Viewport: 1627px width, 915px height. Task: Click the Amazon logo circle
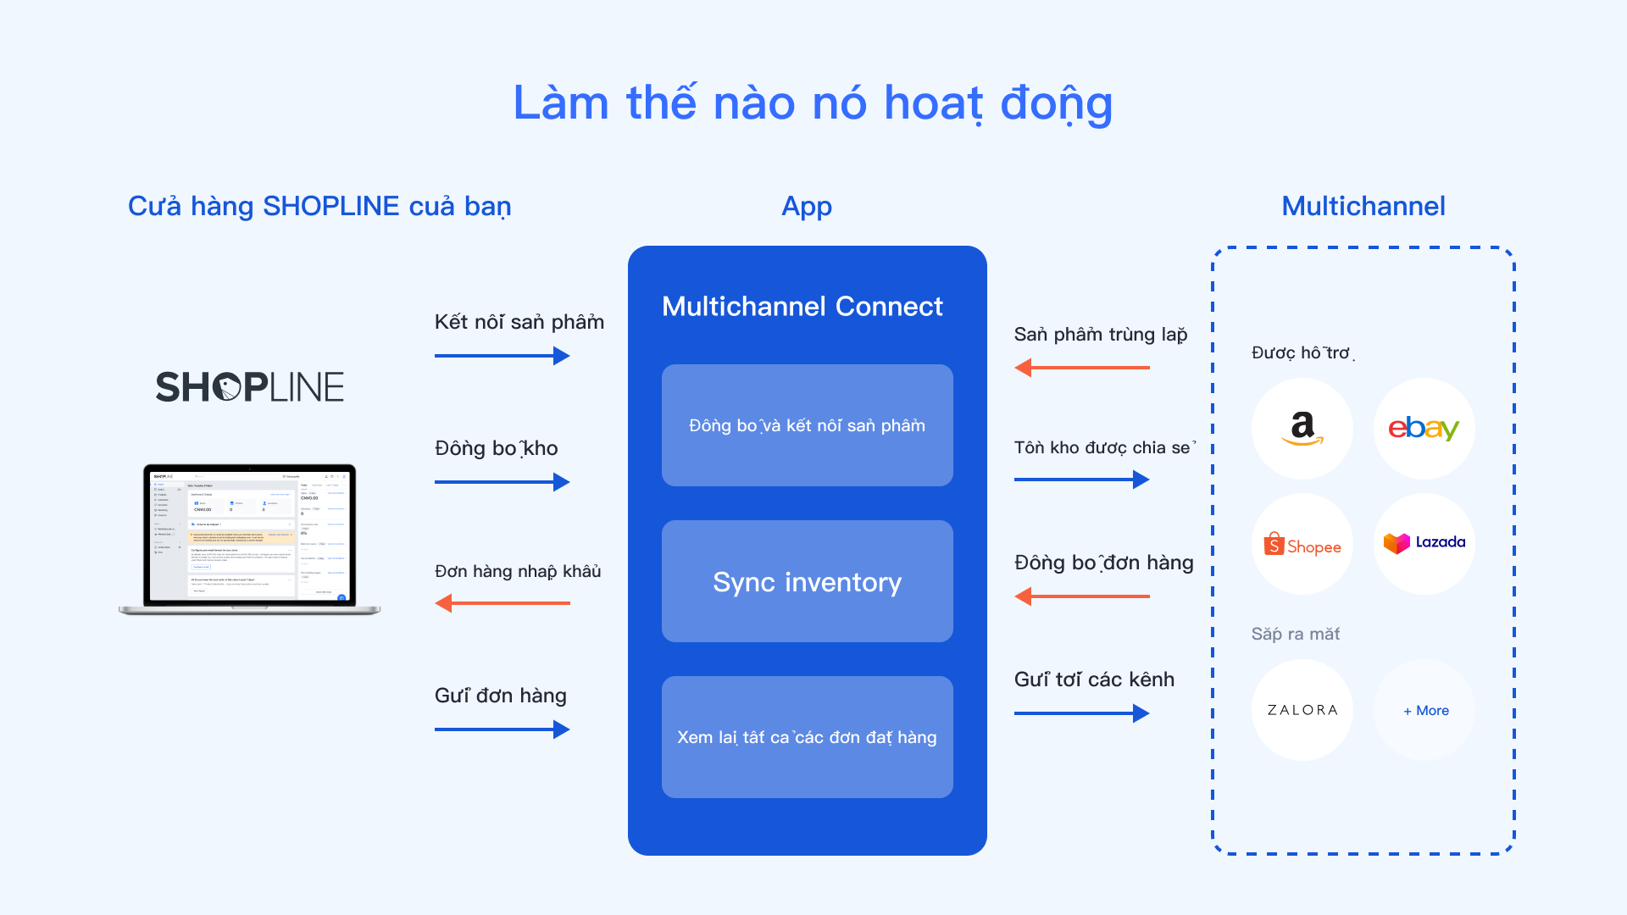point(1302,429)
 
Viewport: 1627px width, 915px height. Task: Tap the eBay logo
point(1424,429)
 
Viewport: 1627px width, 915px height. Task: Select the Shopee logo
point(1302,545)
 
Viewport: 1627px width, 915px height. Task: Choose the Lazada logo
point(1424,543)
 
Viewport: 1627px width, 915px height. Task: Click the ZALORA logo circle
point(1302,710)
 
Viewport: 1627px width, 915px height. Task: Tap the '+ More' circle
point(1425,710)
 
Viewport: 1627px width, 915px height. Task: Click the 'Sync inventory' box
point(807,581)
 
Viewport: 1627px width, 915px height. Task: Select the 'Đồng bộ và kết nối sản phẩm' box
point(807,425)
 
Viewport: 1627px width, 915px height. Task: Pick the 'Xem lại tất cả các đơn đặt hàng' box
point(807,737)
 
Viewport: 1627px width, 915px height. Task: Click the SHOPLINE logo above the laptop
point(250,386)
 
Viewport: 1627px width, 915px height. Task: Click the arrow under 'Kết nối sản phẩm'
point(502,356)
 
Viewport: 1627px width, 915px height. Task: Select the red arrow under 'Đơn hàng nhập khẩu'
point(502,603)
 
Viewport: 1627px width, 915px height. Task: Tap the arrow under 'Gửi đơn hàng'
point(502,729)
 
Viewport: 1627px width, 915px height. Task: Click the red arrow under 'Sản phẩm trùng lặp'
point(1081,368)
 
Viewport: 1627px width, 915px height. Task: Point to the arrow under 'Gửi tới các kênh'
point(1081,713)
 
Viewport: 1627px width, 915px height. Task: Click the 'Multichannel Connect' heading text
point(802,307)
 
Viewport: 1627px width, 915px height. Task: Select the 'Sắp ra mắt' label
point(1295,634)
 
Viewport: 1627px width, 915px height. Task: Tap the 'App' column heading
point(807,206)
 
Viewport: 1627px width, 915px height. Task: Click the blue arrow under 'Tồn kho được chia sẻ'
point(1081,480)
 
